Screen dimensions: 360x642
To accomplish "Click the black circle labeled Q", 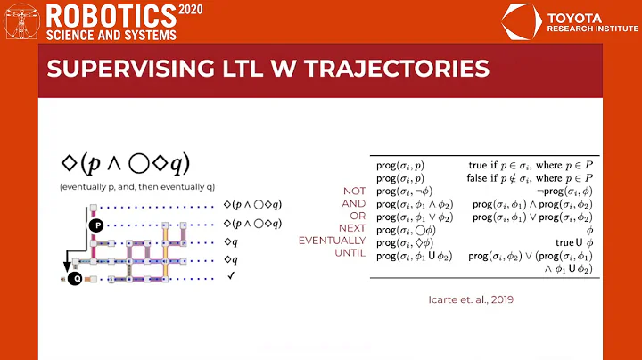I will tap(77, 278).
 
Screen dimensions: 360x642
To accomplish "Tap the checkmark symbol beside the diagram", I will tap(230, 277).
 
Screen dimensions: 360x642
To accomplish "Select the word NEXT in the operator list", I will tap(353, 227).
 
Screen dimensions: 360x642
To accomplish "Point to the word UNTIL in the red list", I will tap(351, 253).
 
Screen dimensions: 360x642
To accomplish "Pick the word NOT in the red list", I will tap(354, 190).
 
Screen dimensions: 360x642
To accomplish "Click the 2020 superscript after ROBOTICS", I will tap(190, 8).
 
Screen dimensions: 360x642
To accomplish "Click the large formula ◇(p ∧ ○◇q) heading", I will tap(125, 163).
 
